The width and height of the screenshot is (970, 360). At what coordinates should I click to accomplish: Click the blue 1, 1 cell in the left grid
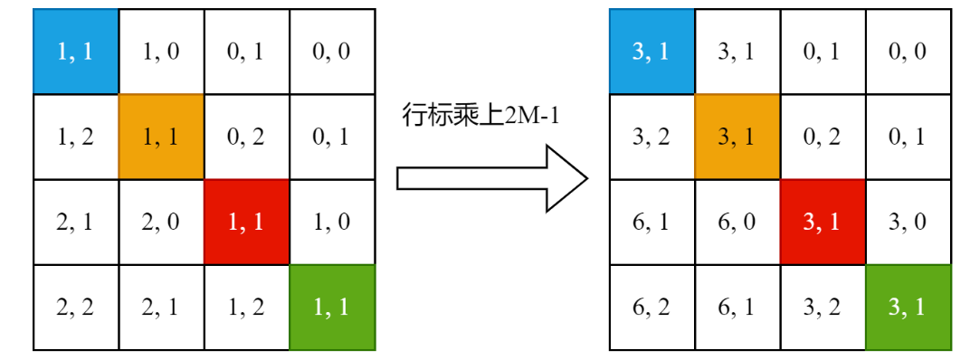tap(75, 52)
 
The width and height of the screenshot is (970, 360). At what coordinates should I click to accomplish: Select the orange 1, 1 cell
tap(161, 137)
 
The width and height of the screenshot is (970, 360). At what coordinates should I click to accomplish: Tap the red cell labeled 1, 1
tap(246, 223)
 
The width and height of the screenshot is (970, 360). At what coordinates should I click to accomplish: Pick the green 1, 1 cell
tap(332, 308)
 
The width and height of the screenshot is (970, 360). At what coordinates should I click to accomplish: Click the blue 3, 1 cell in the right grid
tap(651, 52)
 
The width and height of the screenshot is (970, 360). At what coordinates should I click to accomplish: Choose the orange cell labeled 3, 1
tap(737, 137)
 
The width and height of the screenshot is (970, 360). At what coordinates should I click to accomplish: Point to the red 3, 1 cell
tap(823, 223)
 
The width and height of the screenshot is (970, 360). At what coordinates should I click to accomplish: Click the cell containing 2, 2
tap(75, 308)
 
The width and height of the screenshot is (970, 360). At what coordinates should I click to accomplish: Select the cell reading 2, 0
tap(161, 223)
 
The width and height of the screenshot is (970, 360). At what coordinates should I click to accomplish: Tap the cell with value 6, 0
tap(737, 223)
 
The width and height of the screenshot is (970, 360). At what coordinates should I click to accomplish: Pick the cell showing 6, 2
tap(651, 308)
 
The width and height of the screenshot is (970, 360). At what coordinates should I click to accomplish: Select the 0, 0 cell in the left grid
tap(332, 52)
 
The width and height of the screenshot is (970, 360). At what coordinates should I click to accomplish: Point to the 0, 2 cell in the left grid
tap(246, 137)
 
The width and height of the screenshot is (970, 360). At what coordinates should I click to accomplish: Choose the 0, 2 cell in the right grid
tap(823, 137)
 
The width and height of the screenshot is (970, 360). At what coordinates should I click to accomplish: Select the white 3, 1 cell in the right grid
tap(737, 52)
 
